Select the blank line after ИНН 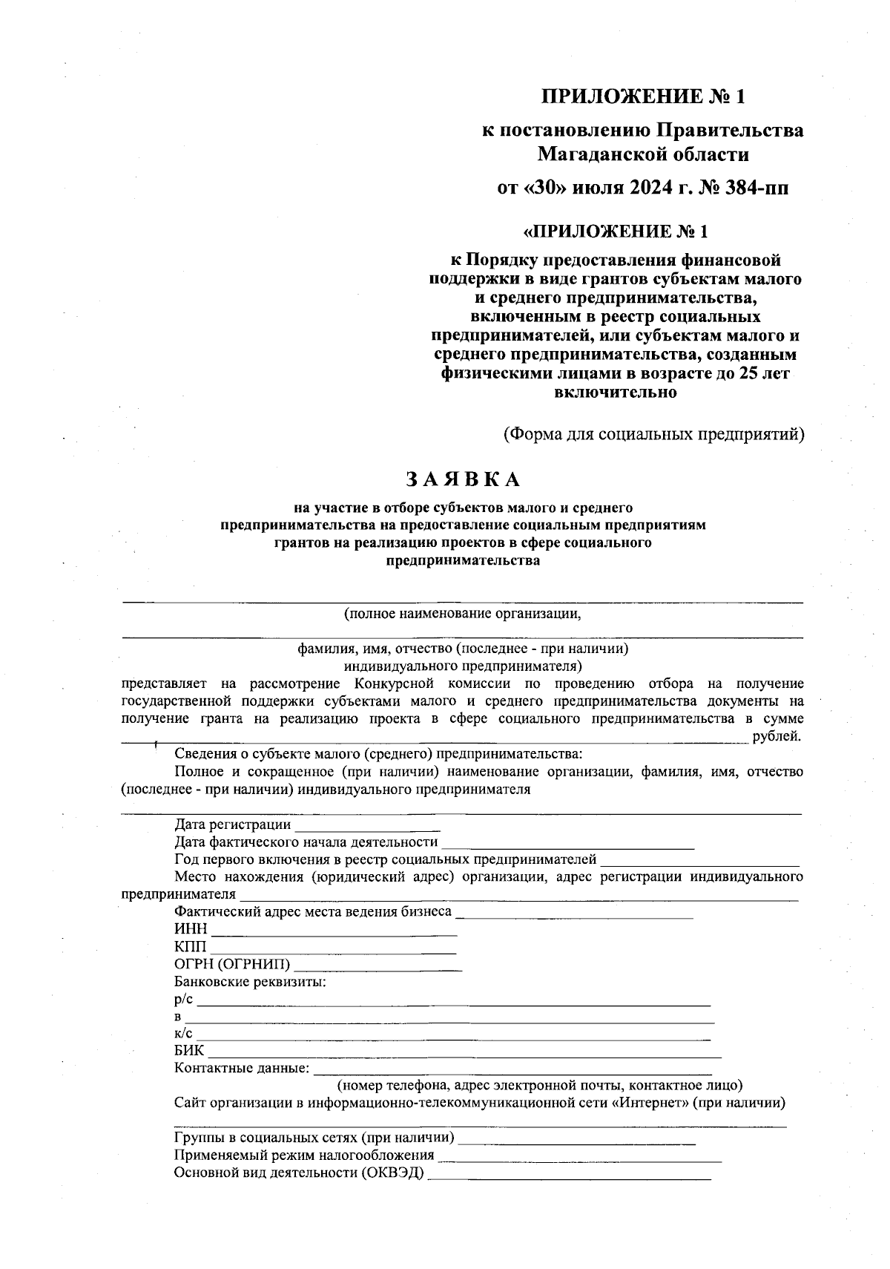coord(334,931)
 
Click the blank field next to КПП coord(334,948)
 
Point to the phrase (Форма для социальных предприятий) coord(653,433)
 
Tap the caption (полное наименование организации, coord(461,614)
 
